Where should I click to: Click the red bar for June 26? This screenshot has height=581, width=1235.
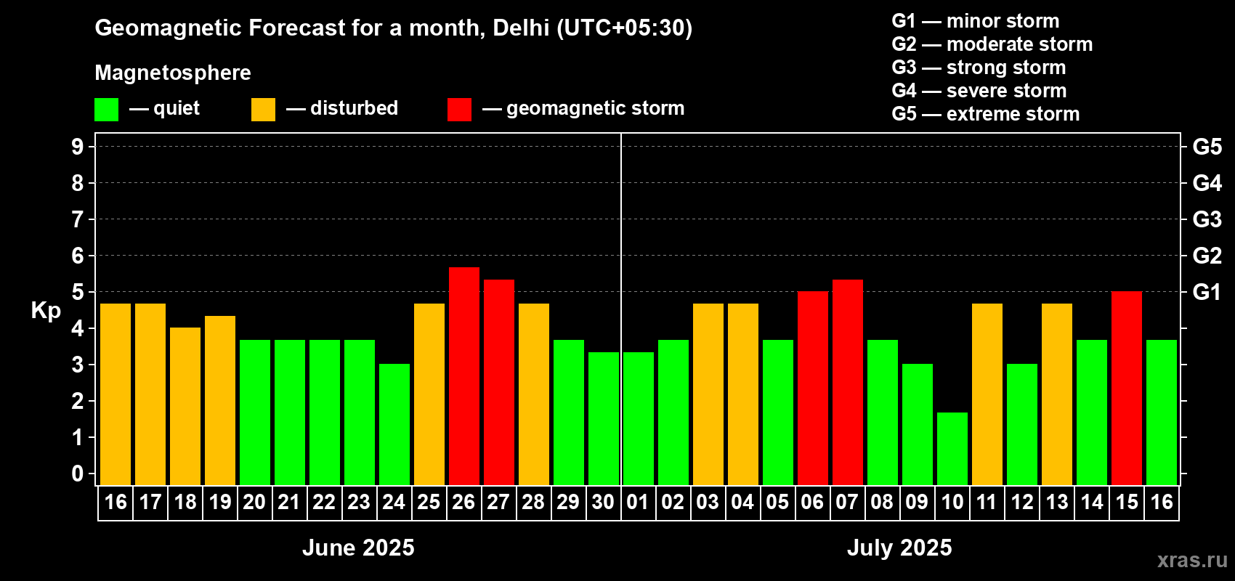click(464, 376)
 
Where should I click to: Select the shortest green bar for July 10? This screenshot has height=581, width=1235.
click(952, 449)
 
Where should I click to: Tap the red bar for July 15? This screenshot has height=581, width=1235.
click(1127, 389)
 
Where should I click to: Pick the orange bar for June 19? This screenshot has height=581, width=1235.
click(220, 400)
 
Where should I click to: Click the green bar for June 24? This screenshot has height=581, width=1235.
click(394, 424)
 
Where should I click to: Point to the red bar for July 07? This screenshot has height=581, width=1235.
click(848, 382)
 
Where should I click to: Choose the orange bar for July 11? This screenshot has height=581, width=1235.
click(987, 394)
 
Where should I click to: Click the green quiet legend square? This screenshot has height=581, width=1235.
click(107, 110)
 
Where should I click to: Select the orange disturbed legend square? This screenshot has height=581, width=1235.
click(263, 110)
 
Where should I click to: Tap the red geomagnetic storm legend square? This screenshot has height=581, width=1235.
click(459, 110)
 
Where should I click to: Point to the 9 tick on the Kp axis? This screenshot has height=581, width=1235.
click(78, 147)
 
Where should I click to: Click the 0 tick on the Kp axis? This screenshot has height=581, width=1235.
click(78, 474)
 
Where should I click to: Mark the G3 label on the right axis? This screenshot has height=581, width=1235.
click(1207, 219)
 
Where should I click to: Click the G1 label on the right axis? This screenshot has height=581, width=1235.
click(1207, 292)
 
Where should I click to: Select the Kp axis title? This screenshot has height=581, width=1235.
click(46, 311)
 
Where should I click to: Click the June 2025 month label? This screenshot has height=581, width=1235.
click(358, 548)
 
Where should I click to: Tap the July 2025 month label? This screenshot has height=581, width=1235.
click(899, 548)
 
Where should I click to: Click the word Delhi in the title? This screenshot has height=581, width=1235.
click(521, 28)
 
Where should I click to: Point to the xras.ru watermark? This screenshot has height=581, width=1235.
click(1192, 560)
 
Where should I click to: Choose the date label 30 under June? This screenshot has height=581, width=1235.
click(603, 502)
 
